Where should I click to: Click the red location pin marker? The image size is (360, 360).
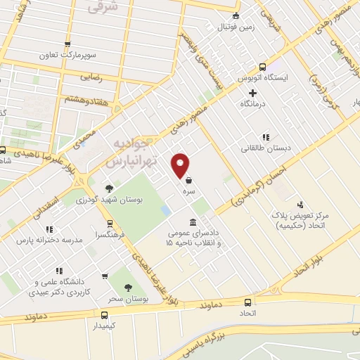tap(181, 165)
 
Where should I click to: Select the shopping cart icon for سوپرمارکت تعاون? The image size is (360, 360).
tap(67, 44)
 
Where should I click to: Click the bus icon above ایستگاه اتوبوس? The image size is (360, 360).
tap(262, 66)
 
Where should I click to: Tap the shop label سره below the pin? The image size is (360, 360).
tap(190, 191)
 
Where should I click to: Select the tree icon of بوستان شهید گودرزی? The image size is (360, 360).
tap(108, 188)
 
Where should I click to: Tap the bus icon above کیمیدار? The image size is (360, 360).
tap(104, 315)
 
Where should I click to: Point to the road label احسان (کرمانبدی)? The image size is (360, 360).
tap(259, 186)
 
